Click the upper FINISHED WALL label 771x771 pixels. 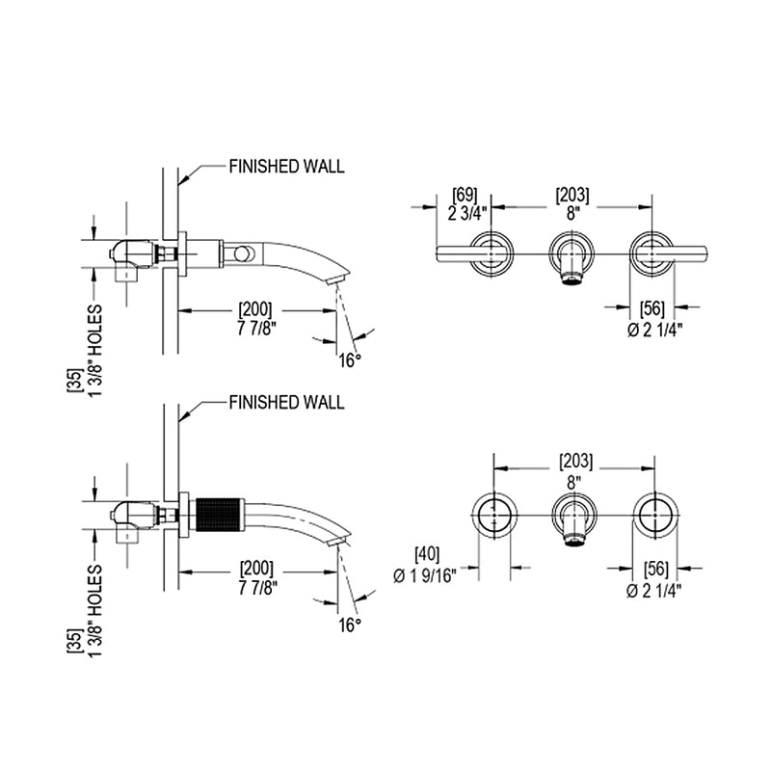click(x=285, y=167)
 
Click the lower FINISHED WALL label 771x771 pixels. click(x=285, y=403)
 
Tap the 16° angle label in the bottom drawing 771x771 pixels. click(x=351, y=625)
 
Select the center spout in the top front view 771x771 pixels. click(x=571, y=260)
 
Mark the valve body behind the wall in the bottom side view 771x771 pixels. click(x=135, y=515)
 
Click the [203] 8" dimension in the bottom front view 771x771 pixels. click(x=574, y=469)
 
